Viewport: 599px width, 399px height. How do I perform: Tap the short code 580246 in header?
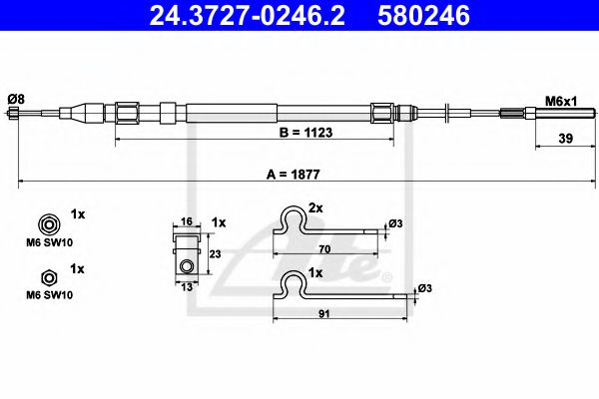pyautogui.click(x=422, y=16)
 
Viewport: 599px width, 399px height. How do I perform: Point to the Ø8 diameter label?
pyautogui.click(x=15, y=98)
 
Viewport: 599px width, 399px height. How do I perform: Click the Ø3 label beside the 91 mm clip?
pyautogui.click(x=424, y=287)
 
